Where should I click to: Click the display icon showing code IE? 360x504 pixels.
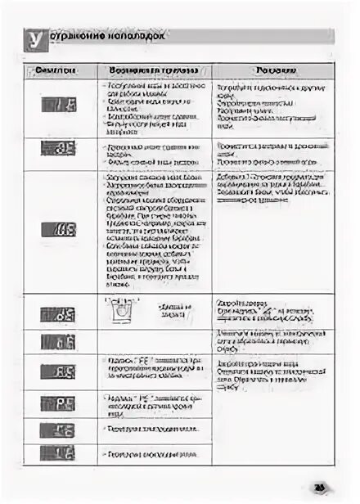click(x=58, y=105)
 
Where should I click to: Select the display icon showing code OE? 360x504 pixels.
click(x=58, y=148)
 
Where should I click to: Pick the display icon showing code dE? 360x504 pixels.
click(x=58, y=314)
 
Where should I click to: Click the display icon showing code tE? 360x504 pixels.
click(x=58, y=342)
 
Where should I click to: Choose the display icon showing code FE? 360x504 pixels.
click(x=58, y=371)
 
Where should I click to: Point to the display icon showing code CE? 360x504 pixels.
click(x=58, y=430)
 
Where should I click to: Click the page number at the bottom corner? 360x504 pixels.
click(x=320, y=488)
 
